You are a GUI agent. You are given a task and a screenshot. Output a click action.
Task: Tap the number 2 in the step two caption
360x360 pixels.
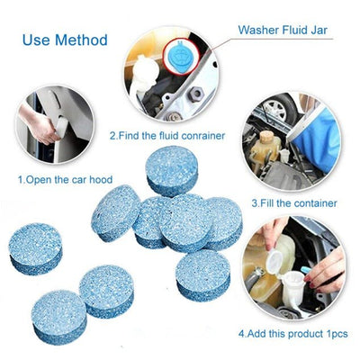point(112,136)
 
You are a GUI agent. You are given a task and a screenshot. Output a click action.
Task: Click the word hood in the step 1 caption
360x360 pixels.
point(100,180)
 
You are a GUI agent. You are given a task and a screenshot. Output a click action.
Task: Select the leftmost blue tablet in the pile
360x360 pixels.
point(35,247)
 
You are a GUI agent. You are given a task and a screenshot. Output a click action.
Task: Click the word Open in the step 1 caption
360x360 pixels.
point(40,180)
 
